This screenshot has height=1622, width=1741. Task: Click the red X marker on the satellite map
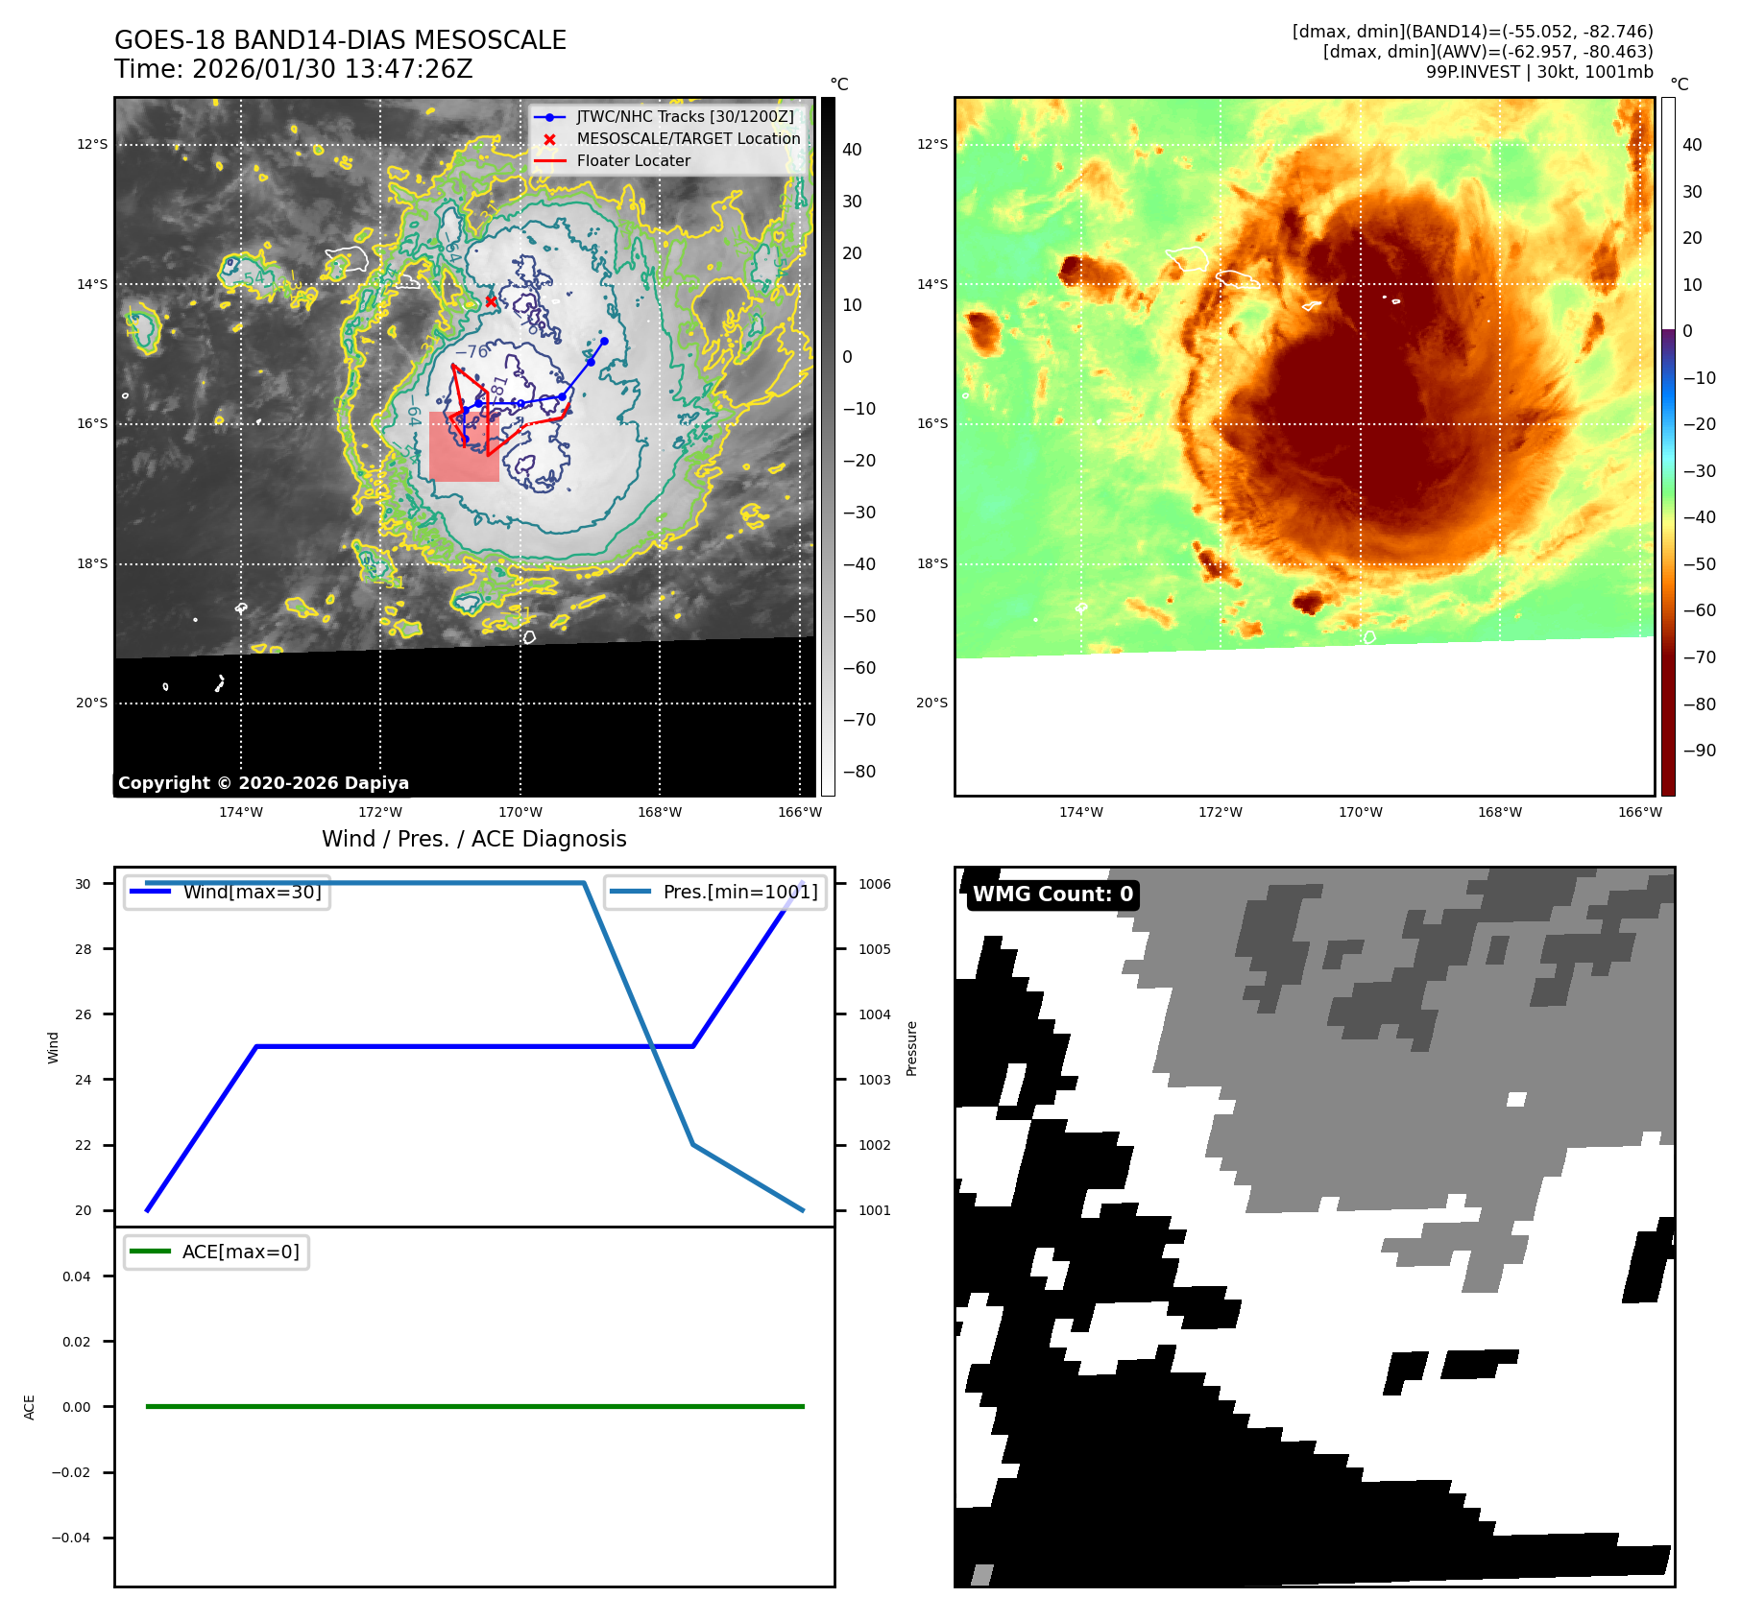point(491,301)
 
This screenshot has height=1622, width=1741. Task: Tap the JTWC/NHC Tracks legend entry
point(685,117)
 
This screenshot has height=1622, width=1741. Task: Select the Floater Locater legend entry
point(633,161)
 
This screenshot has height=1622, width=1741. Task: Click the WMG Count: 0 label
point(1052,894)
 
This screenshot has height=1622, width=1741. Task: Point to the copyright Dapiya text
point(263,783)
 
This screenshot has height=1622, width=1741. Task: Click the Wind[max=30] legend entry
point(252,892)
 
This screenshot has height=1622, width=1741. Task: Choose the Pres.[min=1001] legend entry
point(739,892)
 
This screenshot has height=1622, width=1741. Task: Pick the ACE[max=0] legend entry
point(240,1252)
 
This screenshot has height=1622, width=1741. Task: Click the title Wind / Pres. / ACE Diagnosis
point(473,839)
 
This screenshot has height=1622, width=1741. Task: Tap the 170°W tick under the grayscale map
point(520,812)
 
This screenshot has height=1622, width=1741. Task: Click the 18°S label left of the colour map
point(931,563)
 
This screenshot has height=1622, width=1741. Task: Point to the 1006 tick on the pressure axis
point(874,884)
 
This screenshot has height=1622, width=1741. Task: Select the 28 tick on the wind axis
point(84,949)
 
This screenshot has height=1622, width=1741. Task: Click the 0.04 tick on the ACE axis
point(77,1276)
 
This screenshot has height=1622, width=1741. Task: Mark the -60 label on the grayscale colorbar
point(858,668)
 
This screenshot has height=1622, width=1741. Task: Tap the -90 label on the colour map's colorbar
point(1699,751)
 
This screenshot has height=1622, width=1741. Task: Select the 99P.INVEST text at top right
point(1472,72)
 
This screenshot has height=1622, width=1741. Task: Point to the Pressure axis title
point(912,1048)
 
